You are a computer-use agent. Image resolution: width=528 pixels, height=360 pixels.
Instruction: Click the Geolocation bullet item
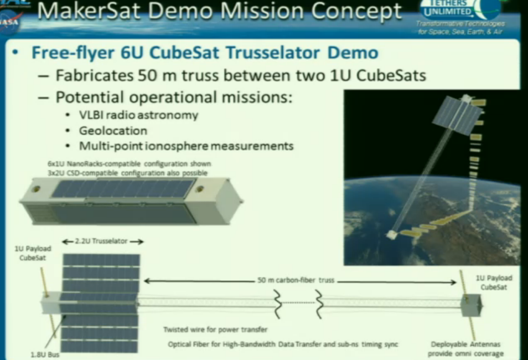[x=113, y=131]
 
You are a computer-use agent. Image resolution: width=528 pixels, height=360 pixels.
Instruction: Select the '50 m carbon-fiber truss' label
[x=296, y=280]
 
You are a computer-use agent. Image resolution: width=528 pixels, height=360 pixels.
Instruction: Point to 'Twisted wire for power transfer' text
[x=215, y=330]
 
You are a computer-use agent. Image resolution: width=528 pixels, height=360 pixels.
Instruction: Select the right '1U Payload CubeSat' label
[x=496, y=282]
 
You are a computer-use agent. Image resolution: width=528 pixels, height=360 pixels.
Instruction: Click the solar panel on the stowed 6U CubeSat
[x=123, y=188]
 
